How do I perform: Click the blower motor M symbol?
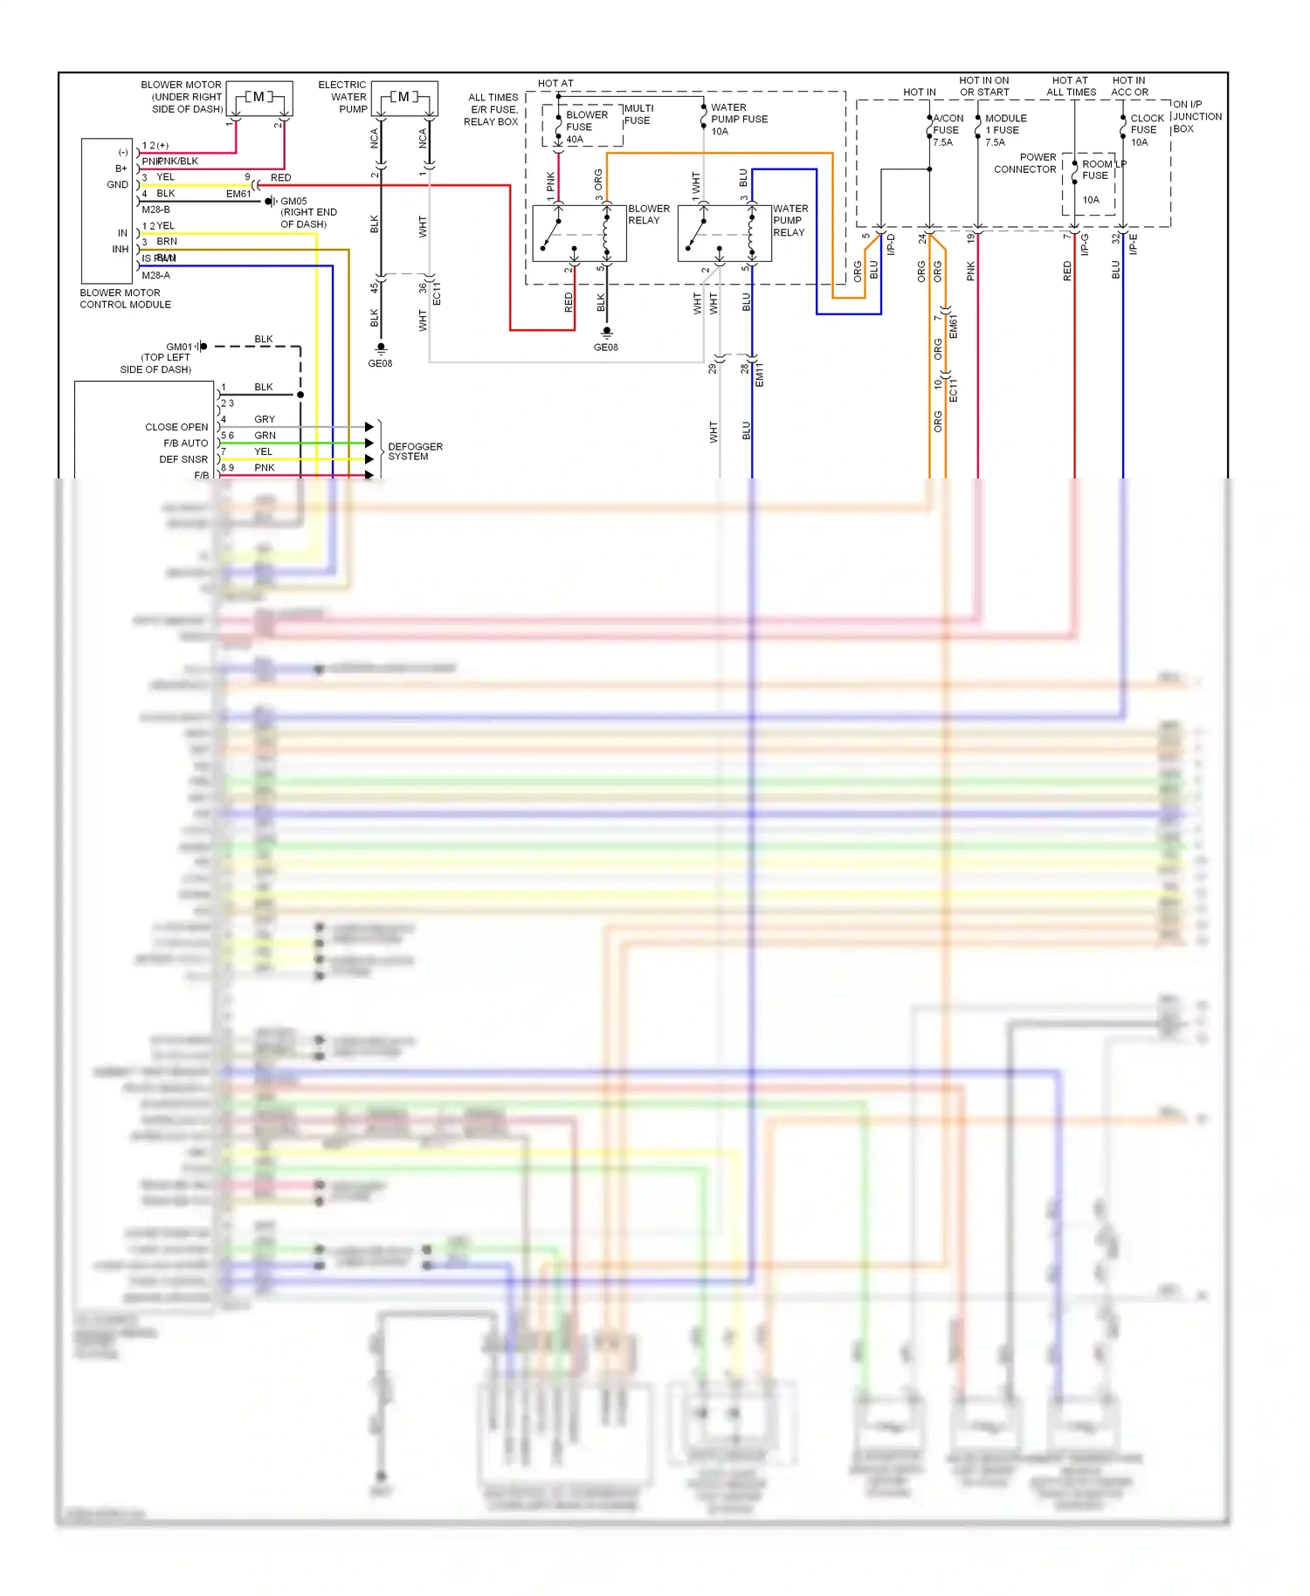pyautogui.click(x=259, y=97)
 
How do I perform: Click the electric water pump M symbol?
pyautogui.click(x=403, y=97)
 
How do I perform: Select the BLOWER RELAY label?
pyautogui.click(x=649, y=215)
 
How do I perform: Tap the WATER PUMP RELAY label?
pyautogui.click(x=790, y=220)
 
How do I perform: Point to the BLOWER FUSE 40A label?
pyautogui.click(x=585, y=127)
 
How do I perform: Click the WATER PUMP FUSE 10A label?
pyautogui.click(x=739, y=119)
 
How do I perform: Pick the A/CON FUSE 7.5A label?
pyautogui.click(x=947, y=130)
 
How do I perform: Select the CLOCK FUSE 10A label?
pyautogui.click(x=1147, y=130)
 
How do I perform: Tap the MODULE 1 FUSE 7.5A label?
pyautogui.click(x=1005, y=130)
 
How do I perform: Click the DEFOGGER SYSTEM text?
pyautogui.click(x=415, y=451)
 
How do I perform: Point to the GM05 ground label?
pyautogui.click(x=293, y=201)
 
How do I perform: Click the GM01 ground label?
pyautogui.click(x=178, y=347)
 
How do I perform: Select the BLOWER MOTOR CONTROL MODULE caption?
pyautogui.click(x=125, y=299)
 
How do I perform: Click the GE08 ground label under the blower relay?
pyautogui.click(x=605, y=347)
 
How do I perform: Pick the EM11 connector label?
pyautogui.click(x=759, y=375)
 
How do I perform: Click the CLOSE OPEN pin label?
pyautogui.click(x=176, y=427)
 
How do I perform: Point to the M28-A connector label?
pyautogui.click(x=155, y=275)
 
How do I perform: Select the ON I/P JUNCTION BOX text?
pyautogui.click(x=1196, y=116)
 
